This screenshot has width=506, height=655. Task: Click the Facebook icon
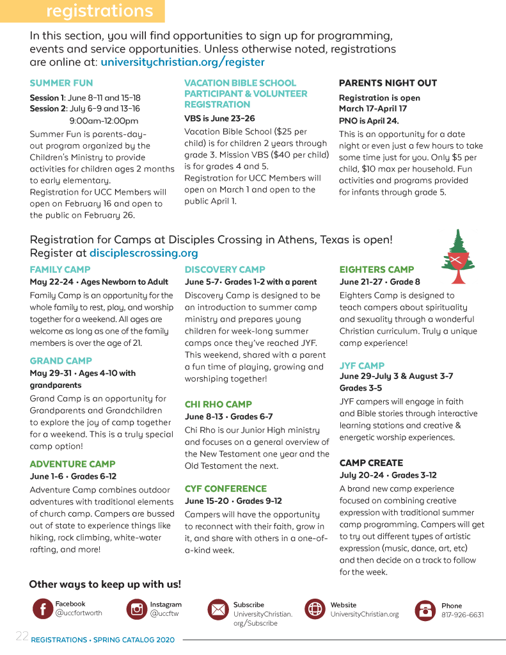click(x=42, y=609)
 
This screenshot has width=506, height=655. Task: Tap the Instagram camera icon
click(x=136, y=609)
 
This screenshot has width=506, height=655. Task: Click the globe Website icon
click(x=315, y=609)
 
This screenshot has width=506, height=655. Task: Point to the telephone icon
click(x=425, y=610)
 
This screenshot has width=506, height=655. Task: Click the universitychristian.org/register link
click(x=182, y=62)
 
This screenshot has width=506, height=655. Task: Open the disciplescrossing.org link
click(x=143, y=253)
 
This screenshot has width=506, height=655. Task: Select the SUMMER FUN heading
click(x=61, y=83)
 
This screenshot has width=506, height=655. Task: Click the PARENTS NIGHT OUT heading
click(x=388, y=83)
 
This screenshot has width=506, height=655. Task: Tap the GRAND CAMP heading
click(x=61, y=360)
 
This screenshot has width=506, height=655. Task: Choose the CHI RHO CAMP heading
click(x=218, y=404)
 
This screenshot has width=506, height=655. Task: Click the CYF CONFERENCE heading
click(x=226, y=489)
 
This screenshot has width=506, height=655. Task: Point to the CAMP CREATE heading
click(x=371, y=462)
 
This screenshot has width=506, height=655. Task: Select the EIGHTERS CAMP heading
click(x=377, y=270)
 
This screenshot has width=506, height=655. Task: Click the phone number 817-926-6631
click(x=463, y=615)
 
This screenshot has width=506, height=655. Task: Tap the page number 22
click(x=22, y=636)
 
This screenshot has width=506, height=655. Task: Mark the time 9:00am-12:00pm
click(x=104, y=120)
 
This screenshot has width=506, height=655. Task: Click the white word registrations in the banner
click(x=100, y=11)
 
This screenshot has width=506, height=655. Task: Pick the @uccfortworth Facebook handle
click(x=79, y=613)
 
